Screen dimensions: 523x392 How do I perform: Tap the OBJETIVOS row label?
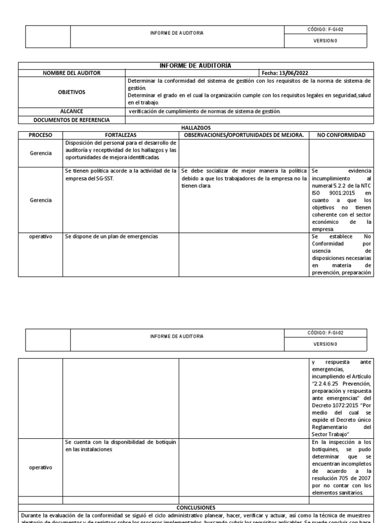click(71, 92)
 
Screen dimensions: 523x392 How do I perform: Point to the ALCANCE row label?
click(71, 111)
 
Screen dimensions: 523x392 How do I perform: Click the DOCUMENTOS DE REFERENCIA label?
click(71, 120)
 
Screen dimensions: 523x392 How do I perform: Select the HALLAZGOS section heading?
click(196, 128)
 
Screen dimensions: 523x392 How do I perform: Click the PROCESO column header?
click(40, 135)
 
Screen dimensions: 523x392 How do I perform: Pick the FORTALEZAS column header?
click(120, 135)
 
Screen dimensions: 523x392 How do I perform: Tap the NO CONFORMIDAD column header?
click(341, 135)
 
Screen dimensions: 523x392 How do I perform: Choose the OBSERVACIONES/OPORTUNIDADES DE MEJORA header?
click(244, 135)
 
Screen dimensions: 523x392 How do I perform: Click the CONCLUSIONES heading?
click(196, 508)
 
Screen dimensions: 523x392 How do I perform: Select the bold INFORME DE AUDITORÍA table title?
click(196, 65)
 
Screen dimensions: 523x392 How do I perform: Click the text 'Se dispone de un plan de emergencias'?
click(111, 236)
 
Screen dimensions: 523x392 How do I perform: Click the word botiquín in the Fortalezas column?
click(164, 442)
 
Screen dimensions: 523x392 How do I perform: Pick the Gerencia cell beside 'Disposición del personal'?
click(40, 153)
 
